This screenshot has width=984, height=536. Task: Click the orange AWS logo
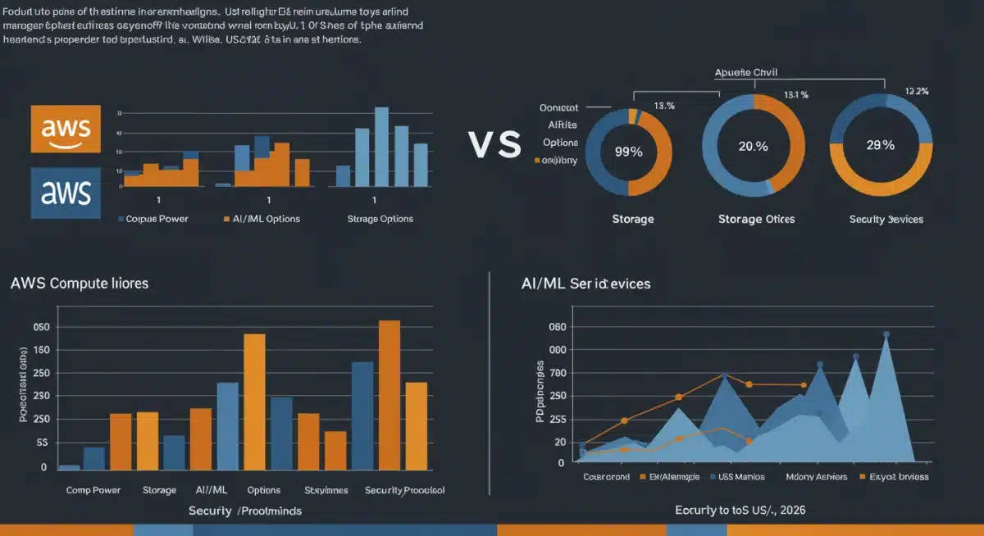(66, 129)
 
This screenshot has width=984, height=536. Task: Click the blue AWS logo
(66, 193)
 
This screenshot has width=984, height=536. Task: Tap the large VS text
(494, 145)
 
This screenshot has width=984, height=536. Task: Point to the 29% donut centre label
(880, 145)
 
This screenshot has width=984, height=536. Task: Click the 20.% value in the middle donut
(753, 146)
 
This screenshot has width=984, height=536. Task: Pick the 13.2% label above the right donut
(916, 91)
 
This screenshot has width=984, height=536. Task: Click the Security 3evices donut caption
(886, 219)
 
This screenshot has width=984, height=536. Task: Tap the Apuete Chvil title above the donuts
(758, 71)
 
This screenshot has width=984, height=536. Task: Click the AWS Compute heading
(80, 283)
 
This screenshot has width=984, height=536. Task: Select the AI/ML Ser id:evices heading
(585, 283)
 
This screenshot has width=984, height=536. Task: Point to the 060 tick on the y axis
(557, 327)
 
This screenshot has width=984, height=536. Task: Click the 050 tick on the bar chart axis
(40, 327)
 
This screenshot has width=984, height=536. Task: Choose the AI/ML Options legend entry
(261, 219)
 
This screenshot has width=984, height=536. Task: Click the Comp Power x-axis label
(93, 490)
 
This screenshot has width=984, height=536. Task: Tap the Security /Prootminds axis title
(244, 511)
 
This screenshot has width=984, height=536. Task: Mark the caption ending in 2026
(740, 510)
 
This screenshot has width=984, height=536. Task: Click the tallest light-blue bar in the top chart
(381, 147)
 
